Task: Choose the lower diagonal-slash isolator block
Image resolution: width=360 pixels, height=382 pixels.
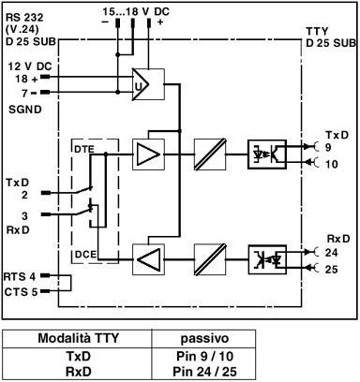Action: coord(208,254)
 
